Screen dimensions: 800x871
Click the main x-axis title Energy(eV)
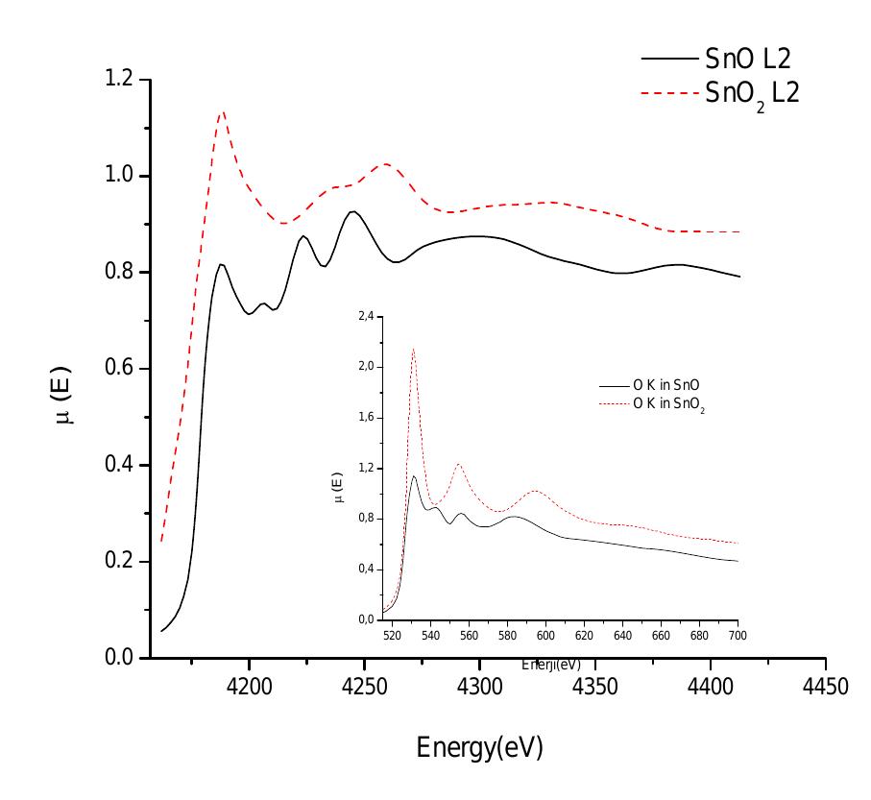(x=479, y=747)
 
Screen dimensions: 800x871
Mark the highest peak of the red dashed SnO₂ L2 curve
(x=223, y=111)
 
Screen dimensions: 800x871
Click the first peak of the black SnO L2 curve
(x=221, y=264)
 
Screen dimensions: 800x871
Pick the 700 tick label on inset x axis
(x=738, y=636)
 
